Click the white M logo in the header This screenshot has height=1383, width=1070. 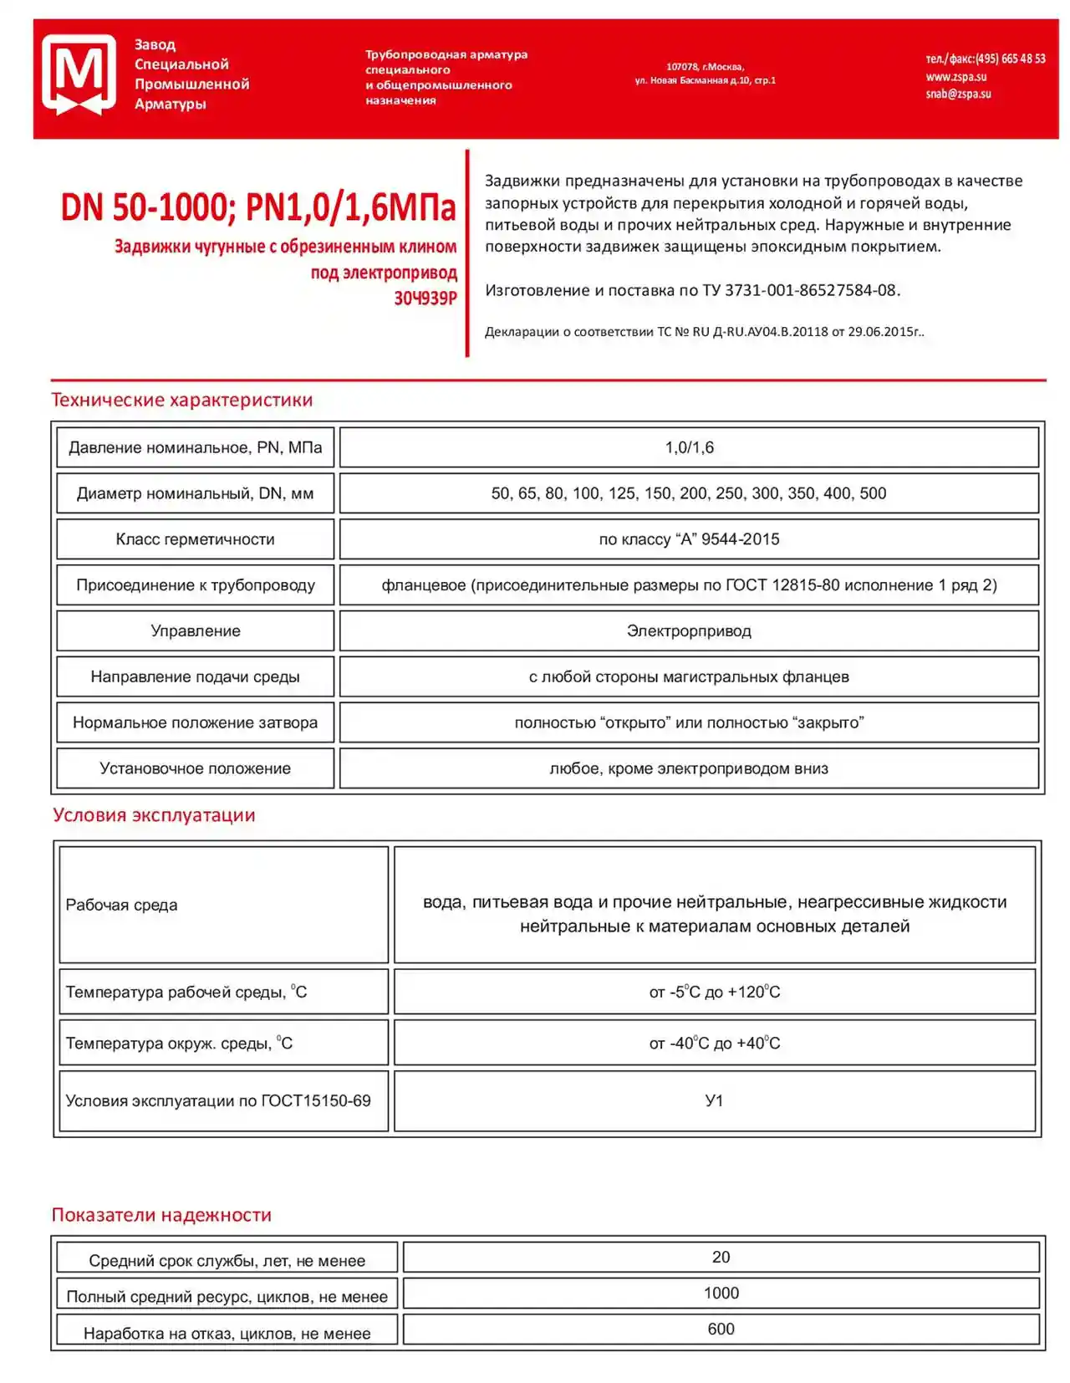tap(79, 74)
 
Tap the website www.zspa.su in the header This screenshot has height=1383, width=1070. tap(955, 77)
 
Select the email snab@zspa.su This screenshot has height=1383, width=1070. tap(958, 94)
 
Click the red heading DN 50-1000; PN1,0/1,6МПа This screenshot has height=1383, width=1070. tap(258, 207)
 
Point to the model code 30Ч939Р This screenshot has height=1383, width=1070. tap(425, 299)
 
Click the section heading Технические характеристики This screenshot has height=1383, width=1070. tap(182, 400)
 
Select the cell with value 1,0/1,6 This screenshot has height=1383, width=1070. tap(689, 447)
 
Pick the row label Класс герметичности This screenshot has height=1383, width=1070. tap(195, 539)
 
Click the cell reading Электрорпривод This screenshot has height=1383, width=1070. tap(689, 631)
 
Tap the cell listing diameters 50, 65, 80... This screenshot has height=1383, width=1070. tap(689, 493)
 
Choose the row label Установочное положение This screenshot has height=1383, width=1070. tap(195, 768)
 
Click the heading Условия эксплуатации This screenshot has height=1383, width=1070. tap(154, 815)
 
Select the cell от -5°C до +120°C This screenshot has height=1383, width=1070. tap(714, 993)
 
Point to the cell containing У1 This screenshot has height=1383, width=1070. tap(714, 1101)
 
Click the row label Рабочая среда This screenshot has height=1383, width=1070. tap(122, 905)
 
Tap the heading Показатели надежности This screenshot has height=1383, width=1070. tap(161, 1215)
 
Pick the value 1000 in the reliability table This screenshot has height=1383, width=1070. tap(721, 1294)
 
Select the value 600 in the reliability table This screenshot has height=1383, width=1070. tap(721, 1329)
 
